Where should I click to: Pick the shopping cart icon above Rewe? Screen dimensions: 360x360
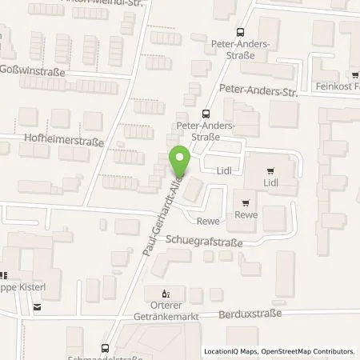click(x=245, y=202)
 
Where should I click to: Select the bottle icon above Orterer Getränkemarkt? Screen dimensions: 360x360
click(x=166, y=293)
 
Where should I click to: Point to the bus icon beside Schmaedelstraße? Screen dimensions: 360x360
click(x=105, y=347)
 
